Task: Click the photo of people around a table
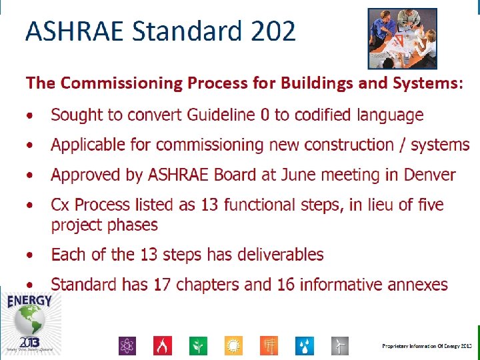403,38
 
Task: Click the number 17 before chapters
162,285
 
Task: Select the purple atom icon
127,345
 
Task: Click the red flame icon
163,345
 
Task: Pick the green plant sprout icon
198,345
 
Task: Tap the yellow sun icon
234,345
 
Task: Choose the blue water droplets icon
305,345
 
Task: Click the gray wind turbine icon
340,345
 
